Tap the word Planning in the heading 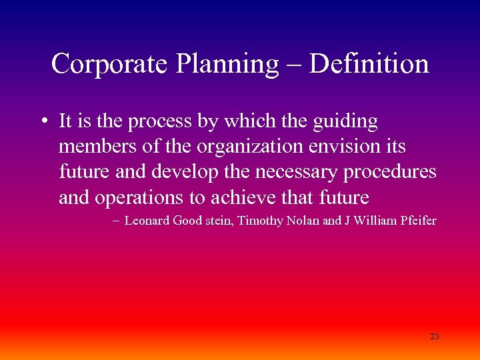(x=227, y=64)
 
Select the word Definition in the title (x=369, y=64)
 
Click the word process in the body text (x=158, y=123)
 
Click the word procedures (x=391, y=172)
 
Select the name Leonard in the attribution (x=147, y=221)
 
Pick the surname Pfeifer (x=418, y=221)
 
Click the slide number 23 (x=435, y=337)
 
